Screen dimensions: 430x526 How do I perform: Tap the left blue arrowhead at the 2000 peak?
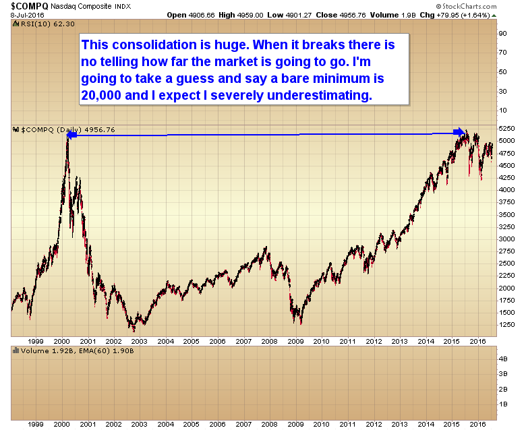tap(71, 135)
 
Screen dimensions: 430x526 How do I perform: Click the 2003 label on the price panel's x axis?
tap(140, 341)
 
